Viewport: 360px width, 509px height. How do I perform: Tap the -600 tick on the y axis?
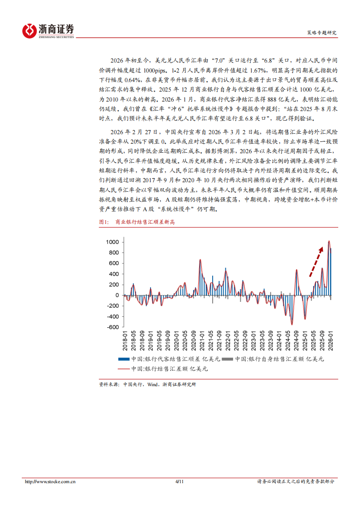tap(112, 327)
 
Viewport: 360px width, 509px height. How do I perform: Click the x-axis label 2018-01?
tap(125, 339)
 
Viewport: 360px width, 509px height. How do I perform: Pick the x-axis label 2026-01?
tap(330, 339)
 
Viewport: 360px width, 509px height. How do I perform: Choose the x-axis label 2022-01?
tap(228, 339)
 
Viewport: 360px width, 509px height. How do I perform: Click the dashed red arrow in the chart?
tap(316, 262)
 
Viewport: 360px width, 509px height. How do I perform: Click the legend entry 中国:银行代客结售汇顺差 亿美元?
tap(170, 359)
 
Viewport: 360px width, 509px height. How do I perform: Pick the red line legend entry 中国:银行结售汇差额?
tap(163, 369)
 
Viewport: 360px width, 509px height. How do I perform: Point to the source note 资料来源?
tap(148, 384)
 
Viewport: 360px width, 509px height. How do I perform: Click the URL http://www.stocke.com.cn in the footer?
tap(50, 482)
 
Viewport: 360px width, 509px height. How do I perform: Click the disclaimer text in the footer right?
tap(296, 482)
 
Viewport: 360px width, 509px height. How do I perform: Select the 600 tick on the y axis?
tap(113, 263)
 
